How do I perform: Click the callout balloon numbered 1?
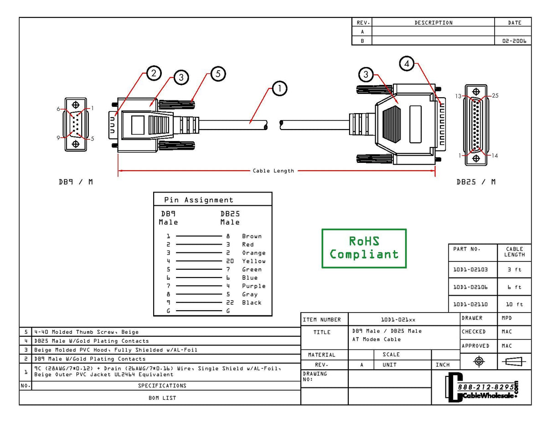[279, 89]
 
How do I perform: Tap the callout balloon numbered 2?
[154, 73]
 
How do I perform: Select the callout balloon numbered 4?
[407, 64]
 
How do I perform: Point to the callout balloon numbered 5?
[218, 73]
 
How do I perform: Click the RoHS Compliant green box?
[364, 248]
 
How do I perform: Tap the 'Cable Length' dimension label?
[273, 171]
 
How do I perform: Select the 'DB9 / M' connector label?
[75, 182]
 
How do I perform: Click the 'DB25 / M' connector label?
[476, 182]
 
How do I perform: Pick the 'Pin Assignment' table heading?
[199, 200]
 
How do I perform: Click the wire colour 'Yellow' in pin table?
[253, 261]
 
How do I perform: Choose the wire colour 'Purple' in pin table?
[253, 286]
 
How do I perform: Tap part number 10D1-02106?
[470, 287]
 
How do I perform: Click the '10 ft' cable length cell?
[515, 304]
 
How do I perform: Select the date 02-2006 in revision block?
[514, 41]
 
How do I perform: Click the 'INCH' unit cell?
[442, 365]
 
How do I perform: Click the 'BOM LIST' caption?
[162, 397]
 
